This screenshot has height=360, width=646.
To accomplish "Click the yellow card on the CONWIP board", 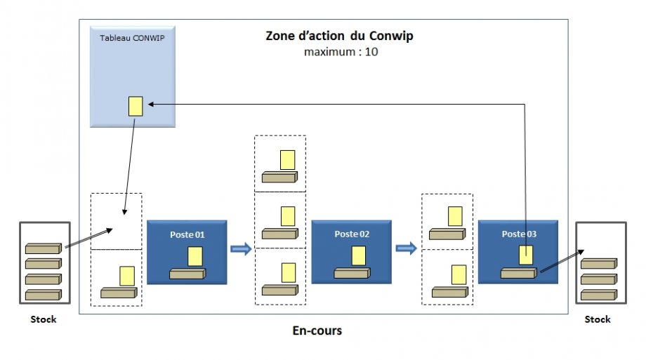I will [x=136, y=106].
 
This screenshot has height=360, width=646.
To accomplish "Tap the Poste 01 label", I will [x=187, y=233].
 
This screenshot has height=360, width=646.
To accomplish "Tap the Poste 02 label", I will [x=351, y=233].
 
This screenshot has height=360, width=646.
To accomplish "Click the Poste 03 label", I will [x=518, y=233].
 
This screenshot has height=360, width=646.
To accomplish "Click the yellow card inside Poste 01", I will [x=195, y=256].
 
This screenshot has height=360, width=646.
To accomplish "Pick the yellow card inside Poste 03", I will [x=526, y=255].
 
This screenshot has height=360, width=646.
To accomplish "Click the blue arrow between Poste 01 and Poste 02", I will [x=241, y=249].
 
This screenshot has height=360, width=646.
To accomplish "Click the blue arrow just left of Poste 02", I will [x=241, y=249].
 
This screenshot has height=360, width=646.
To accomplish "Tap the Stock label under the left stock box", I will [x=44, y=320].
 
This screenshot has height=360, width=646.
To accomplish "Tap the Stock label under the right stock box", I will [x=598, y=320].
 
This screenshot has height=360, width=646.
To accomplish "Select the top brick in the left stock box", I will [x=44, y=248].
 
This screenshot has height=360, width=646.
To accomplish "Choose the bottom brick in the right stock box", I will [x=598, y=295].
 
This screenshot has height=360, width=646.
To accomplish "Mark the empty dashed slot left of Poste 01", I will [x=116, y=221].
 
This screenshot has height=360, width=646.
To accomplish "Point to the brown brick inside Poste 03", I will [x=518, y=273].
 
